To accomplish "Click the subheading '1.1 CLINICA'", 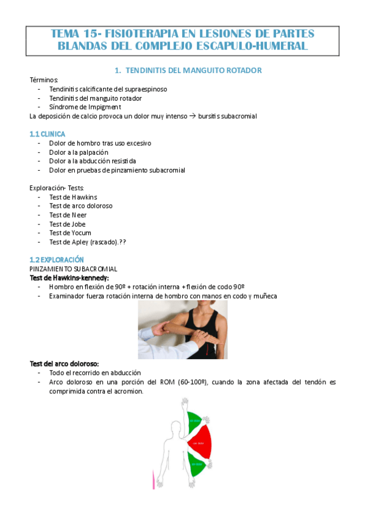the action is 48,134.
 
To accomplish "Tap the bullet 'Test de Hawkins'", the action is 73,197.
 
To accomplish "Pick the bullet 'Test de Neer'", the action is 68,215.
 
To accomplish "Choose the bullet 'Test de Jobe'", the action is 68,224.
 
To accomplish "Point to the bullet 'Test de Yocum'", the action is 70,233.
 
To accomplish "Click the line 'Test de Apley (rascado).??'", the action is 88,242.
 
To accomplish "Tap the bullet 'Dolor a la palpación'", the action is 79,152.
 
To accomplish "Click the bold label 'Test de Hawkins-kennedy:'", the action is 69,278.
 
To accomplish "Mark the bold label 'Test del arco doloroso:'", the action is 65,363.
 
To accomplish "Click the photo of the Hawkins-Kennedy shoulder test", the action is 182,329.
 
